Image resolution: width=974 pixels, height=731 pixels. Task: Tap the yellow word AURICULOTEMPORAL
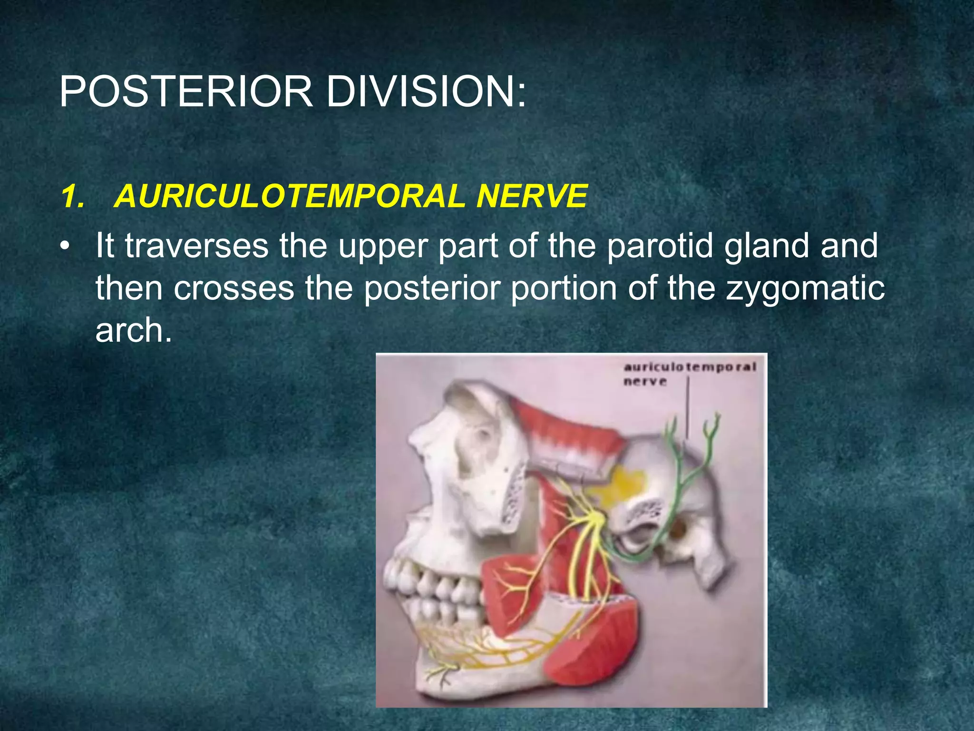click(x=290, y=197)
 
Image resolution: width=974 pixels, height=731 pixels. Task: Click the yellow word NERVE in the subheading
click(x=532, y=197)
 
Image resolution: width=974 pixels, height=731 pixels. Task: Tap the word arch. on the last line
click(x=133, y=330)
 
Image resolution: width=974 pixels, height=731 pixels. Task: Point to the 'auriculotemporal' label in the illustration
click(x=689, y=367)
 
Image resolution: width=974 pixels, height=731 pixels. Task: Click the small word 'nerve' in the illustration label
click(x=645, y=382)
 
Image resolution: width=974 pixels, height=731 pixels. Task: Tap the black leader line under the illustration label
click(x=688, y=409)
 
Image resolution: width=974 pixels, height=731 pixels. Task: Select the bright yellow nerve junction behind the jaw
click(x=594, y=516)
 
